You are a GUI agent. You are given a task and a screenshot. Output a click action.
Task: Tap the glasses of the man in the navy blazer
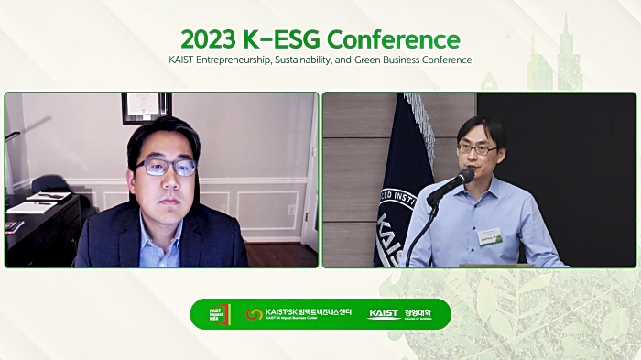coord(167,168)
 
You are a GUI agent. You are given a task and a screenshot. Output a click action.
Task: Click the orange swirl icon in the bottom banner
coord(254,314)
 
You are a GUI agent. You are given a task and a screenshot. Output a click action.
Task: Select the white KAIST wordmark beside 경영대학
coord(384,314)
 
